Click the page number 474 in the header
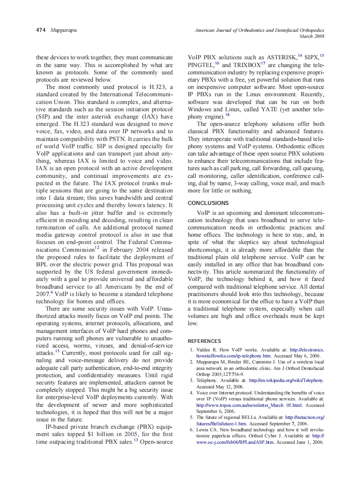pos(41,31)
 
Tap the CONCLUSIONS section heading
pos(208,203)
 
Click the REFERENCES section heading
pos(204,341)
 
